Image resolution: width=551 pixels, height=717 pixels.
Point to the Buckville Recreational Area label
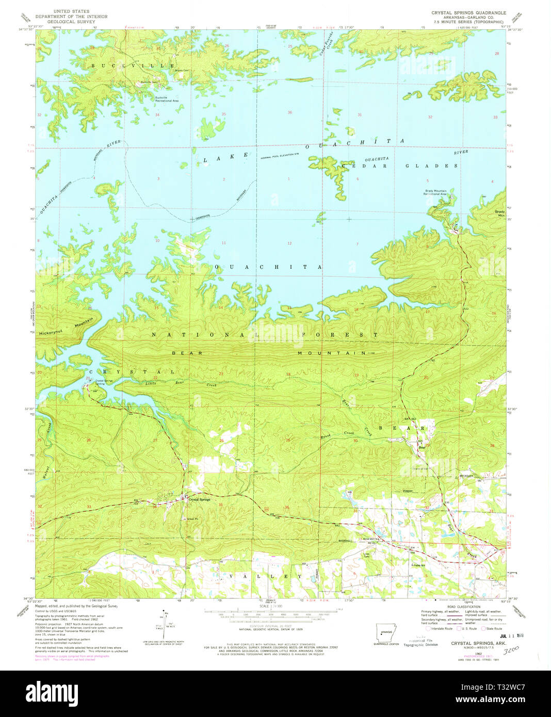pyautogui.click(x=167, y=99)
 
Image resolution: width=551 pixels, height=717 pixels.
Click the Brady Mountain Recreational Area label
pyautogui.click(x=435, y=192)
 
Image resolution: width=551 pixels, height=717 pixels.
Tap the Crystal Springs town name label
pyautogui.click(x=201, y=499)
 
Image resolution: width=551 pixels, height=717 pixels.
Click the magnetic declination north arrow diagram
pyautogui.click(x=164, y=622)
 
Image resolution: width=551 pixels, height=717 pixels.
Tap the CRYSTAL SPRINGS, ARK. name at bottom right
pyautogui.click(x=478, y=644)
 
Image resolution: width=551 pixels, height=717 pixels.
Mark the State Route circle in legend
pyautogui.click(x=484, y=628)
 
